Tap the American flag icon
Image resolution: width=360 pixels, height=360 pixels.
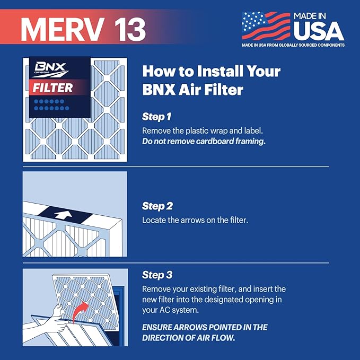[265, 26]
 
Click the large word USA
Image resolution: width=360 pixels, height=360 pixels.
[318, 31]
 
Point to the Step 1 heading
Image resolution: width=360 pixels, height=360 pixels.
[157, 116]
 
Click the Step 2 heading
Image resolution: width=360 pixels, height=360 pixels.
[157, 206]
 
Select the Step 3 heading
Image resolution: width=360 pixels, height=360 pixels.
[157, 275]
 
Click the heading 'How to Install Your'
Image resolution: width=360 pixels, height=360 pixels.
[211, 71]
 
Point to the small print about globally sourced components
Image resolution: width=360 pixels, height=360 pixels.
[293, 45]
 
